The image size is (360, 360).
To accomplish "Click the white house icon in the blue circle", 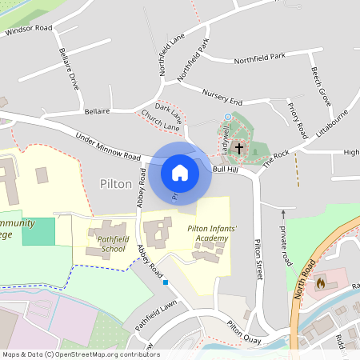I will tap(180, 172).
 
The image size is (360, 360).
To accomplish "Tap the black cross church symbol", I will tap(238, 148).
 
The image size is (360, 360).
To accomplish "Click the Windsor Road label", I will tap(28, 29).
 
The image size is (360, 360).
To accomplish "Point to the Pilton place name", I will tap(116, 183).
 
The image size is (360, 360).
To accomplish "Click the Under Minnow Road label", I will tap(107, 147).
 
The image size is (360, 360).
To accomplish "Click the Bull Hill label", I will tap(225, 169).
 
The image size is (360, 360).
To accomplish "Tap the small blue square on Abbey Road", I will tap(165, 282).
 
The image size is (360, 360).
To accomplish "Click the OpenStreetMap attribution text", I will tap(80, 354).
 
